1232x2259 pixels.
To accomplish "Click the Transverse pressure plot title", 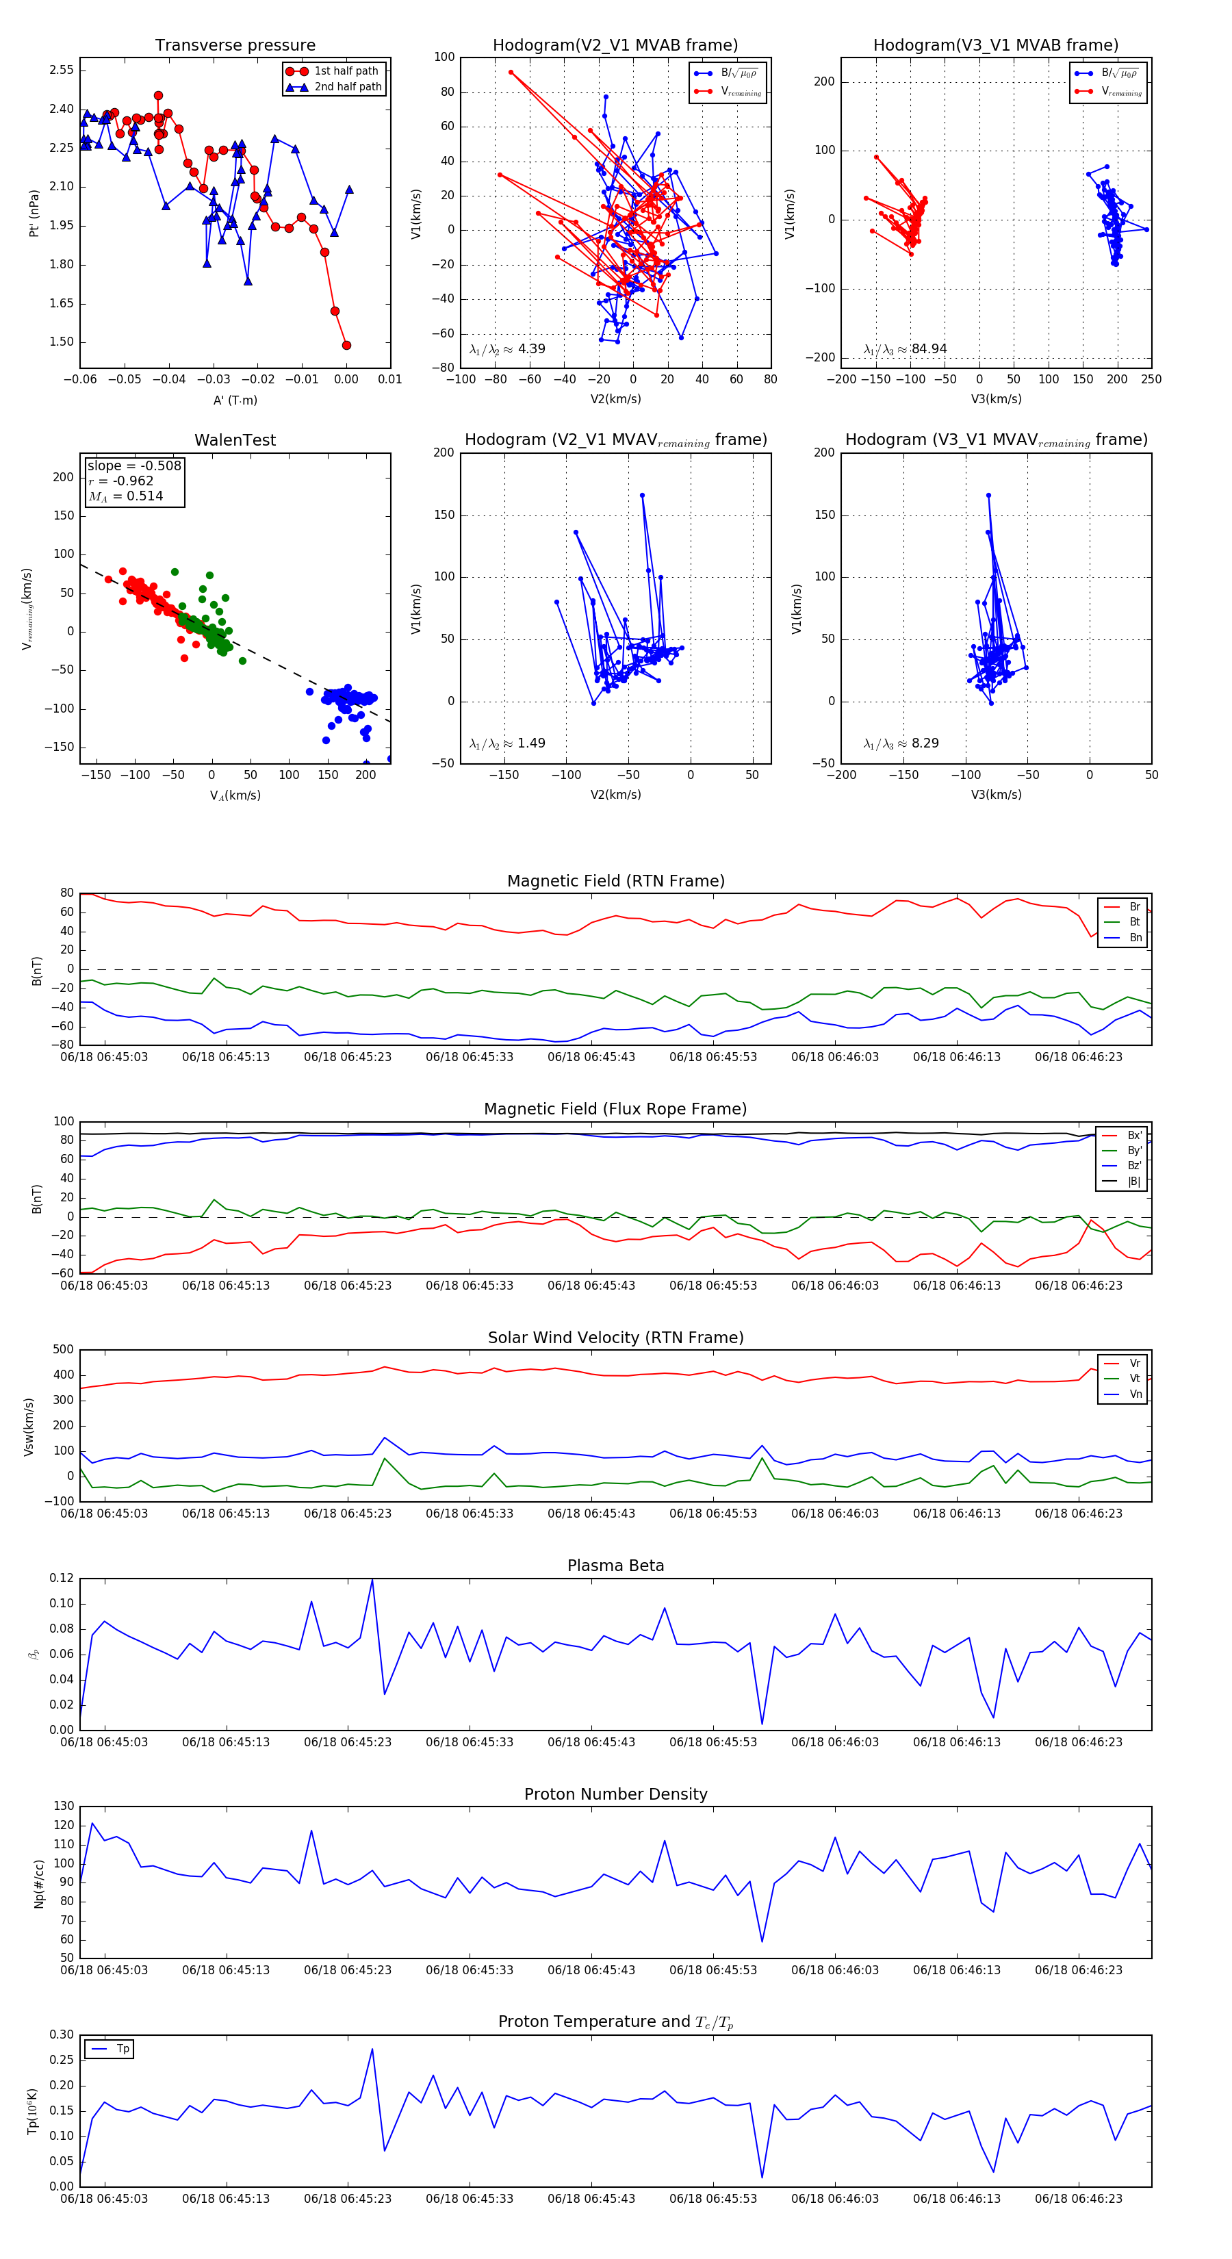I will (235, 46).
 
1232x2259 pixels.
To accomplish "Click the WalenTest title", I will (235, 440).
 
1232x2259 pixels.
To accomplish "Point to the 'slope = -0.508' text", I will (134, 465).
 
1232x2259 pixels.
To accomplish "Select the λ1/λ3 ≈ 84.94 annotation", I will (905, 349).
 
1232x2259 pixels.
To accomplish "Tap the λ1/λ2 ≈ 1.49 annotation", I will (506, 743).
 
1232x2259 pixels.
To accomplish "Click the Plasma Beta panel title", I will (615, 1566).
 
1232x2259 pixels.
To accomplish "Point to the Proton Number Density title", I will (615, 1794).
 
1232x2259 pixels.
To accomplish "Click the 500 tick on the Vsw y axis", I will (63, 1350).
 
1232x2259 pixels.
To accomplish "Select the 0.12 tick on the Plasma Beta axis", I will (62, 1578).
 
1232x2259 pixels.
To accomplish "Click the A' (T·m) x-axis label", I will (235, 400).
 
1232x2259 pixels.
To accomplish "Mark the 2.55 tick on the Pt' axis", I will (62, 70).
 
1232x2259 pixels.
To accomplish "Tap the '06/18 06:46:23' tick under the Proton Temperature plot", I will (1078, 2199).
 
